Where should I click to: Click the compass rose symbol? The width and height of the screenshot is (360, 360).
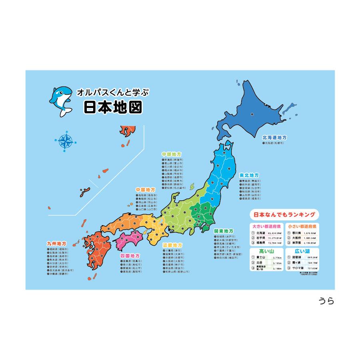point(66,141)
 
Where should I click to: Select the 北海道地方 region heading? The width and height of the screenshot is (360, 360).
point(274,137)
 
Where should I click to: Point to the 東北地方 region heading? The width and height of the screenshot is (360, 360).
point(249,175)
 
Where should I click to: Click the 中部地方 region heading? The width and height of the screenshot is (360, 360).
point(172,154)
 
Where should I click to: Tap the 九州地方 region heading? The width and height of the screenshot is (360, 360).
point(56,243)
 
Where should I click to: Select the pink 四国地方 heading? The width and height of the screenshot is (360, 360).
point(130,255)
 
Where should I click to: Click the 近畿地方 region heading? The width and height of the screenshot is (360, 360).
point(172,245)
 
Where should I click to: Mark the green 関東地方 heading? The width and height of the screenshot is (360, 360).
point(224,231)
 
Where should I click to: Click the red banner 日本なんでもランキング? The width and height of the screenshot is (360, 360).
point(282,214)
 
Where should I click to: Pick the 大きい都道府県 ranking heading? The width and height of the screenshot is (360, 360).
point(266,226)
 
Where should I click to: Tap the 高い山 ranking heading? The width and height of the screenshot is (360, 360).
point(266,251)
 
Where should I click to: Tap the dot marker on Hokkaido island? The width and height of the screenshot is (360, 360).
point(252,115)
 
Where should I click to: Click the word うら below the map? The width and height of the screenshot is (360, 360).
point(326,300)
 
